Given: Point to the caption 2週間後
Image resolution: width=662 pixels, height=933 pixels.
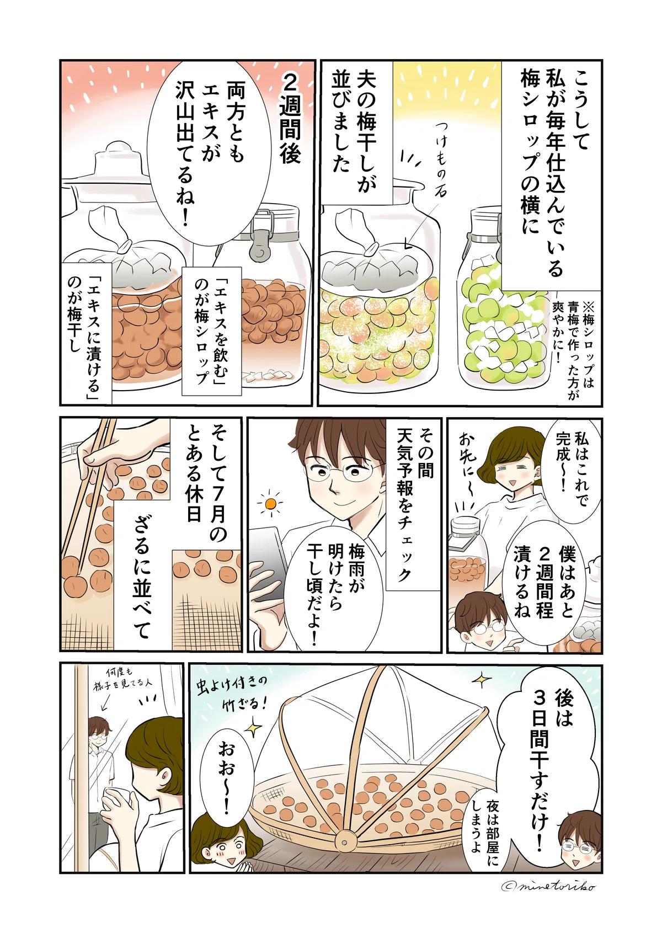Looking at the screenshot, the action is [290, 119].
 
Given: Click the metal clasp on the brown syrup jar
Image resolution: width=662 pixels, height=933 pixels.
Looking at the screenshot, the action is [255, 242].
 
